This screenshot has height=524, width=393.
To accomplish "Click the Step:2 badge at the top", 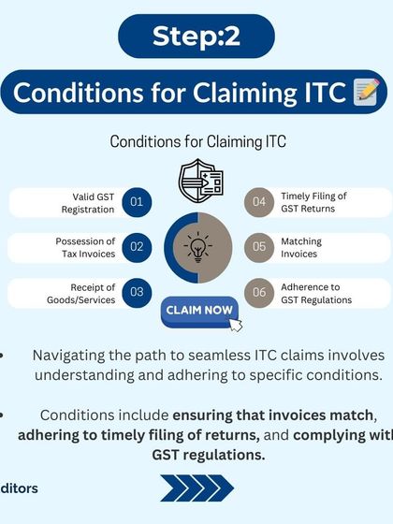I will pyautogui.click(x=196, y=36).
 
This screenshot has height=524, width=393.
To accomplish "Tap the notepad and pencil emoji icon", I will pyautogui.click(x=366, y=94).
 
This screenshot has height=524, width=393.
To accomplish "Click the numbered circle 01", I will pyautogui.click(x=137, y=202).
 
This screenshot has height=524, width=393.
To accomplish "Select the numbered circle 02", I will pyautogui.click(x=137, y=247).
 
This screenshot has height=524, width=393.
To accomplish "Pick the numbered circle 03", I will pyautogui.click(x=137, y=292).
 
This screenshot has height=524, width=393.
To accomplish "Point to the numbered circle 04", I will pyautogui.click(x=259, y=202).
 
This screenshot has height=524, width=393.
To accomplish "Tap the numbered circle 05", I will pyautogui.click(x=259, y=247).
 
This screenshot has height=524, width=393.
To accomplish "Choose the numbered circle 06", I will pyautogui.click(x=259, y=292).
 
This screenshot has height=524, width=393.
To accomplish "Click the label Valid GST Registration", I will pyautogui.click(x=94, y=202).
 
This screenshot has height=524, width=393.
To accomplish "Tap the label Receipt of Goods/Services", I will pyautogui.click(x=92, y=293).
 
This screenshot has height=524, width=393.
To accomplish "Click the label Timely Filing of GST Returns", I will pyautogui.click(x=313, y=202).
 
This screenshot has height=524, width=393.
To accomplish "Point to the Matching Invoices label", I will pyautogui.click(x=301, y=247).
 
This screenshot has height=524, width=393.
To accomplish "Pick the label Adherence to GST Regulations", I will pyautogui.click(x=316, y=293).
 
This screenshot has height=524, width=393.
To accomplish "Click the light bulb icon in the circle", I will pyautogui.click(x=197, y=247).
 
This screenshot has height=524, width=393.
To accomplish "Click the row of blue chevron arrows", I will pyautogui.click(x=196, y=488).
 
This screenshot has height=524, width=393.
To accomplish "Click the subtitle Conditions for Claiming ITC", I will pyautogui.click(x=197, y=141).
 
